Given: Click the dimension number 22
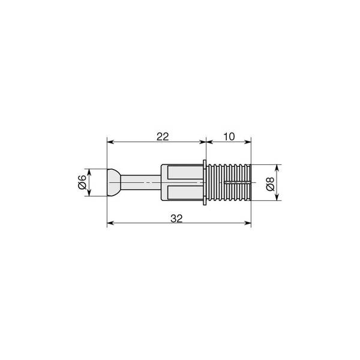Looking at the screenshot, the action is pyautogui.click(x=163, y=137).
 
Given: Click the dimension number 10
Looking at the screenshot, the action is pyautogui.click(x=229, y=137).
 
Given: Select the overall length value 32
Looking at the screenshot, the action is pyautogui.click(x=176, y=218).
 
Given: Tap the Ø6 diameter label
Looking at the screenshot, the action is pyautogui.click(x=82, y=182).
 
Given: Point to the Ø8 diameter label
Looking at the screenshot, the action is pyautogui.click(x=270, y=184).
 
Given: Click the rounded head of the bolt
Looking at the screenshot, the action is pyautogui.click(x=114, y=182).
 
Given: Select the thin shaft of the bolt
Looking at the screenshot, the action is pyautogui.click(x=140, y=182).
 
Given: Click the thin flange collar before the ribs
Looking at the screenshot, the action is pyautogui.click(x=205, y=182).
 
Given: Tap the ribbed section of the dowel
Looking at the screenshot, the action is pyautogui.click(x=229, y=182).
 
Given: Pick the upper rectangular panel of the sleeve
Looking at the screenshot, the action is pyautogui.click(x=185, y=173).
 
